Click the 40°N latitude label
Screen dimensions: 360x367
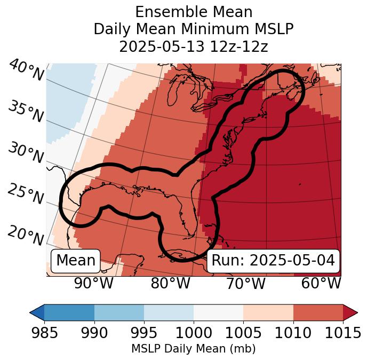(x=26, y=71)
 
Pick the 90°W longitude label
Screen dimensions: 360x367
(x=93, y=283)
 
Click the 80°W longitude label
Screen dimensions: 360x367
(x=170, y=283)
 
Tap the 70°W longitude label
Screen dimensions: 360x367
(x=245, y=283)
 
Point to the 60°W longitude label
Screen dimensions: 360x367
(x=321, y=283)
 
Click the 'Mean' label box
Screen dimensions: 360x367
(x=76, y=261)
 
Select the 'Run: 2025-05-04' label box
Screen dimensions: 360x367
(x=273, y=261)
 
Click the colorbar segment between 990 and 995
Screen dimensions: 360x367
(x=119, y=312)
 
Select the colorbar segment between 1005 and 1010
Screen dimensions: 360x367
(x=268, y=312)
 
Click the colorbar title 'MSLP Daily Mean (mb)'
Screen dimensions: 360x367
(x=193, y=349)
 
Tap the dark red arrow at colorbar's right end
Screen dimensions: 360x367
(x=350, y=312)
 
